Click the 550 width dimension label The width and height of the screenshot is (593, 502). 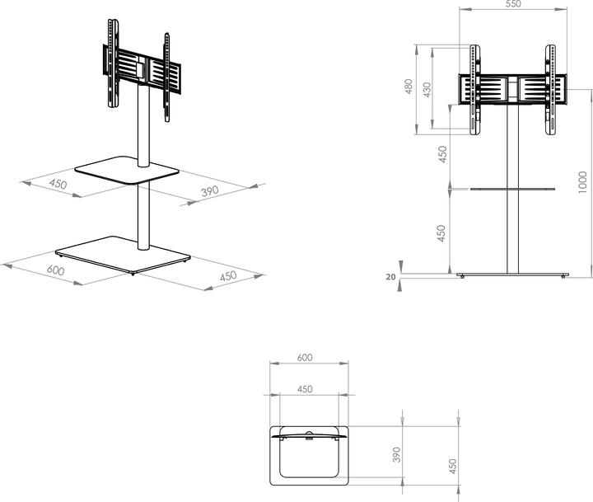click(x=512, y=5)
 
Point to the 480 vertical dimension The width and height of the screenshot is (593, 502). click(x=409, y=87)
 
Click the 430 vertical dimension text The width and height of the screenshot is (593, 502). click(x=427, y=89)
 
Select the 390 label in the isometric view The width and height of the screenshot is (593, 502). click(x=211, y=191)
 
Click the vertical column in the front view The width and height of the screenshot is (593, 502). click(x=512, y=231)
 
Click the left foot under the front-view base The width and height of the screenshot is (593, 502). click(x=463, y=276)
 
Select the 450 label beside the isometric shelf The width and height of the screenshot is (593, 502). click(x=57, y=184)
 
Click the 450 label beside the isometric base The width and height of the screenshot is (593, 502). click(x=228, y=276)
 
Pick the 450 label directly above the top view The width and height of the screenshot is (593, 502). click(x=304, y=389)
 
